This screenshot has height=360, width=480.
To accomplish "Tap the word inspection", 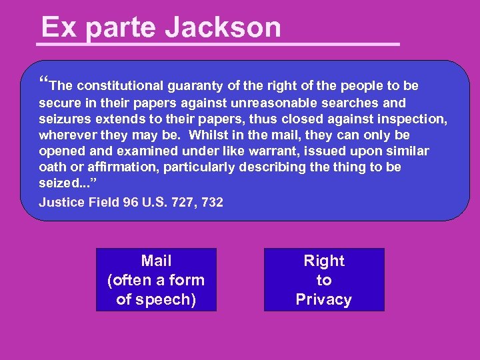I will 413,119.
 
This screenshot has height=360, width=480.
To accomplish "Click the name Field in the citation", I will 105,202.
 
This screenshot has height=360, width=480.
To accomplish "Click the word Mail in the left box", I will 157,261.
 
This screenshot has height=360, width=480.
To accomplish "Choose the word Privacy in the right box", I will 324,299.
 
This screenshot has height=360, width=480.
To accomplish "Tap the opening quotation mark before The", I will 44,83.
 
